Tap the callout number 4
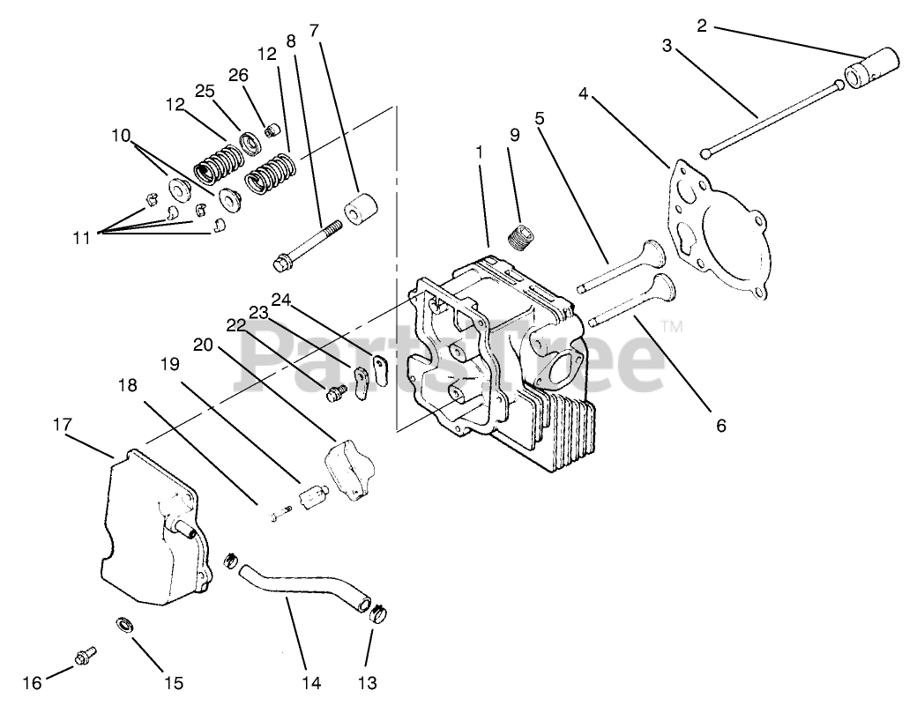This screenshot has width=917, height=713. (584, 93)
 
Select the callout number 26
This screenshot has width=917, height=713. (239, 75)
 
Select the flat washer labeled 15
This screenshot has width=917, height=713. (125, 626)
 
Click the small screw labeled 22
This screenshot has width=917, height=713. (336, 396)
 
